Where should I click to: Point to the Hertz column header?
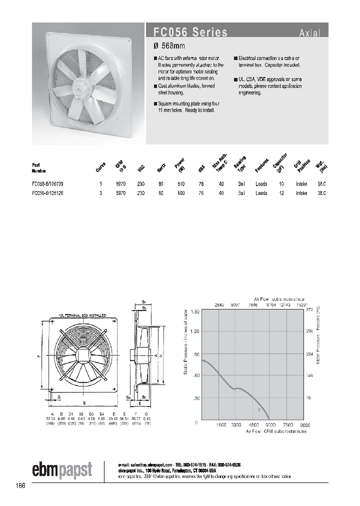[x=161, y=168]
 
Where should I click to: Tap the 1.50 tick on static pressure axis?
[x=194, y=311]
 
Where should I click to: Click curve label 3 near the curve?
[x=258, y=409]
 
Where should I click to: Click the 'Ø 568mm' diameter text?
[x=169, y=46]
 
